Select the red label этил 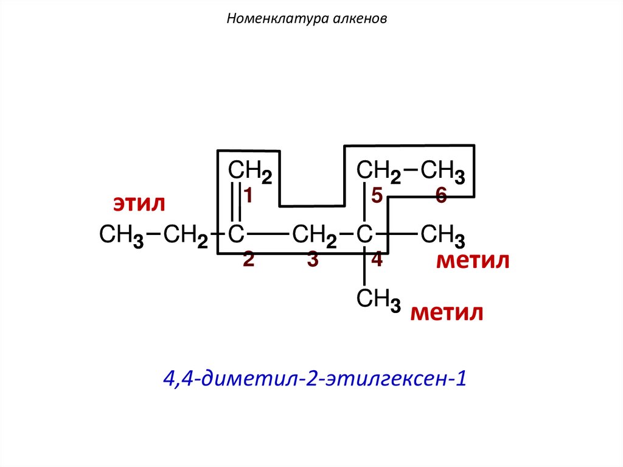coord(138,203)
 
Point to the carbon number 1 coord(249,194)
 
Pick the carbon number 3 coord(313,259)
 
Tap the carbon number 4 coord(377,259)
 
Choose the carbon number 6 coord(441,195)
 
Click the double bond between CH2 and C coord(236,202)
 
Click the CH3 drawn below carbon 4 coord(378,300)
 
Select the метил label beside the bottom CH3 coord(447,313)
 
